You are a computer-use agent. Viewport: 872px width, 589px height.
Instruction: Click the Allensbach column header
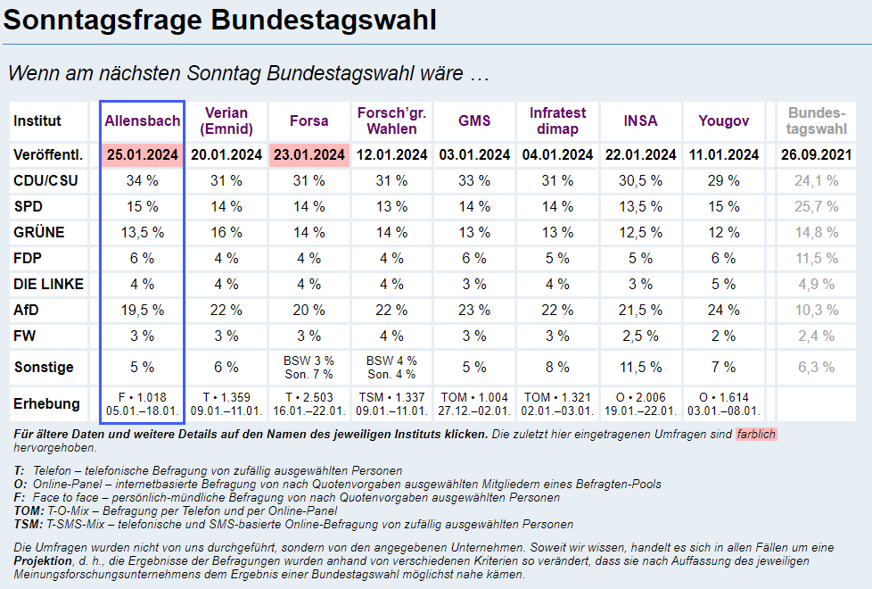[x=143, y=120]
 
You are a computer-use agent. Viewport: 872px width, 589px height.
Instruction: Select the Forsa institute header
[x=309, y=120]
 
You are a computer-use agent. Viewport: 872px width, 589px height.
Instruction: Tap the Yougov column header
[x=724, y=120]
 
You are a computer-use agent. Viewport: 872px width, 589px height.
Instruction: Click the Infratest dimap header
[x=558, y=120]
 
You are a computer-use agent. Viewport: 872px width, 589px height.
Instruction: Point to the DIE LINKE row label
[x=49, y=284]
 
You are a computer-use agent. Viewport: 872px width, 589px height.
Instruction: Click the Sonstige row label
[x=44, y=367]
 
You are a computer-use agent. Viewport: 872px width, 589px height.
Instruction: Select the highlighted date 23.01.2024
[x=309, y=154]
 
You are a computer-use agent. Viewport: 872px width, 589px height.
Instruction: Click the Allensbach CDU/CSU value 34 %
[x=143, y=180]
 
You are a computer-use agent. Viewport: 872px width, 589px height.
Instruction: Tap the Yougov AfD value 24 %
[x=724, y=310]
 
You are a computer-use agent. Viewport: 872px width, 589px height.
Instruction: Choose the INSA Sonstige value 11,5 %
[x=641, y=367]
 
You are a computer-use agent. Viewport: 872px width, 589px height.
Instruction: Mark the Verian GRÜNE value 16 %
[x=226, y=232]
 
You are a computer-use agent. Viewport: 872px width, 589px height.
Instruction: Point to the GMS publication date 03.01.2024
[x=475, y=154]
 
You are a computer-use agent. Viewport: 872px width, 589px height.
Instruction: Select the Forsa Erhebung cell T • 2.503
[x=309, y=397]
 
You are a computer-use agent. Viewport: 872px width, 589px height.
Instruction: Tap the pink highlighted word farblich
[x=756, y=435]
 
